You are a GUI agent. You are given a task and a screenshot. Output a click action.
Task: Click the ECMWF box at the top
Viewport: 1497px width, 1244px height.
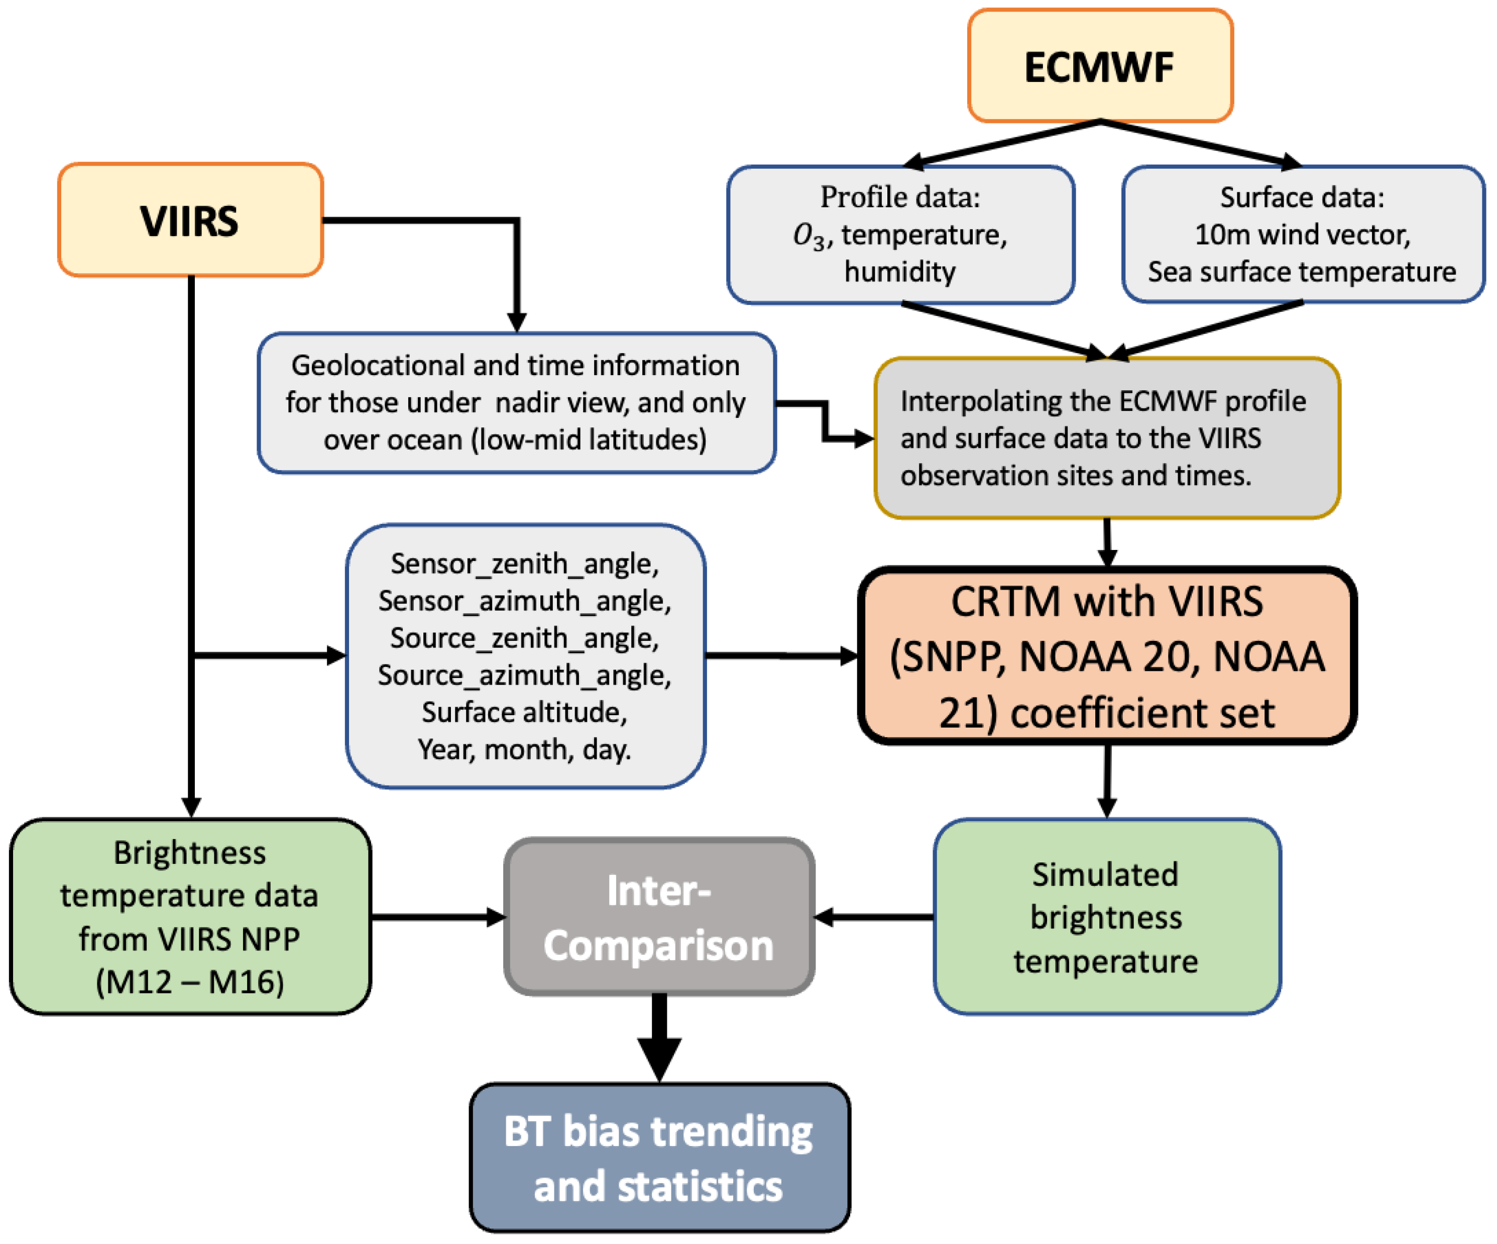click(x=1100, y=66)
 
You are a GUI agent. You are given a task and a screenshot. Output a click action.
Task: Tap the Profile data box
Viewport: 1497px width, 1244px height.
click(x=900, y=235)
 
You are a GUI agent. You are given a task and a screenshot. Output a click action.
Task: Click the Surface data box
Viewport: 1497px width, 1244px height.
click(x=1302, y=235)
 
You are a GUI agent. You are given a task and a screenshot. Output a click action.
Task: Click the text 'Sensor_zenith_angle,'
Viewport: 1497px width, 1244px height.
click(x=525, y=564)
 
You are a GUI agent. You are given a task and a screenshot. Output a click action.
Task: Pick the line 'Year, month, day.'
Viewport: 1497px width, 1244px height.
click(x=525, y=749)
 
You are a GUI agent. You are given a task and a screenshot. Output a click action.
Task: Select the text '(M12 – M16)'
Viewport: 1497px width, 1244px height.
click(x=190, y=982)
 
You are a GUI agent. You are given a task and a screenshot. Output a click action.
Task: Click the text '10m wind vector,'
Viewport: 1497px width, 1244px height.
click(x=1302, y=235)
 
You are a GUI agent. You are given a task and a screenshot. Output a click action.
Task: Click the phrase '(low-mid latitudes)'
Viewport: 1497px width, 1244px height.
click(x=589, y=440)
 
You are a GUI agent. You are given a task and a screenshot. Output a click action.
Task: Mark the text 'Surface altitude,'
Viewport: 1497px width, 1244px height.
click(x=525, y=712)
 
